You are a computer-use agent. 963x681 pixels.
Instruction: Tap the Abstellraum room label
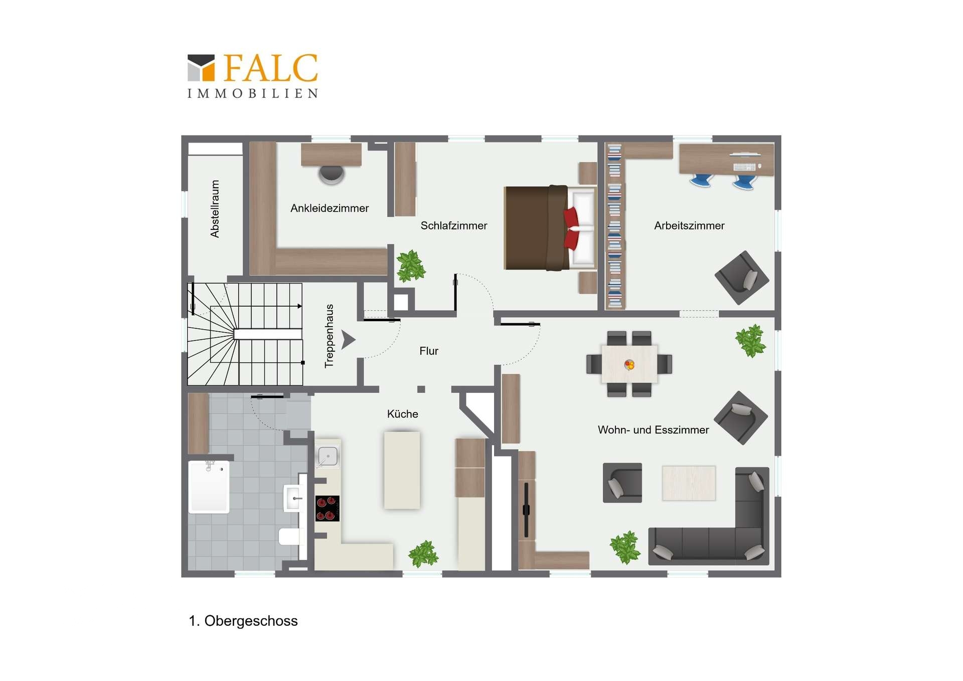coord(215,209)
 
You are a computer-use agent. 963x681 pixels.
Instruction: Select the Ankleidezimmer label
coord(330,208)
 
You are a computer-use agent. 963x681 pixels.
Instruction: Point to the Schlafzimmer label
coord(454,226)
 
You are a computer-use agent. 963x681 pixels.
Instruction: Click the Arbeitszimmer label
coord(689,226)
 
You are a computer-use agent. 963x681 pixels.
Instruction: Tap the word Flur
coord(429,351)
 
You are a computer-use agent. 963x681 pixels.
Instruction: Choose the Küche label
coord(403,414)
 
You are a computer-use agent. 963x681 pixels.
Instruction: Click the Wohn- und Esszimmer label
coord(653,430)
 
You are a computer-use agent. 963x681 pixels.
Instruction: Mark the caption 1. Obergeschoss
coord(243,621)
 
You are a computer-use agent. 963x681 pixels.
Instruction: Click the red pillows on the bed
coord(571,228)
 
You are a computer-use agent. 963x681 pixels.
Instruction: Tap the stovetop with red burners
coord(328,508)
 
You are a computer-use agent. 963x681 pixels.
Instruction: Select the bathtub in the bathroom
coord(209,487)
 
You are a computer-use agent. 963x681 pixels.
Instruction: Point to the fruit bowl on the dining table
coord(629,365)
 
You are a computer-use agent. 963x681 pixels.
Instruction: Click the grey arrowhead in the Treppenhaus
coord(348,339)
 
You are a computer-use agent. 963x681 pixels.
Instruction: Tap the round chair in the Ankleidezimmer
coord(332,174)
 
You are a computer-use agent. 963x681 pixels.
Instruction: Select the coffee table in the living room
coord(689,483)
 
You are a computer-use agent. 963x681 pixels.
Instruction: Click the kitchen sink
coord(328,456)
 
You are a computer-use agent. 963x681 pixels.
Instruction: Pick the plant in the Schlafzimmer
coord(411,266)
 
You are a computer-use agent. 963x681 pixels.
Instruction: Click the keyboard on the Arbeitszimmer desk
coord(744,167)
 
